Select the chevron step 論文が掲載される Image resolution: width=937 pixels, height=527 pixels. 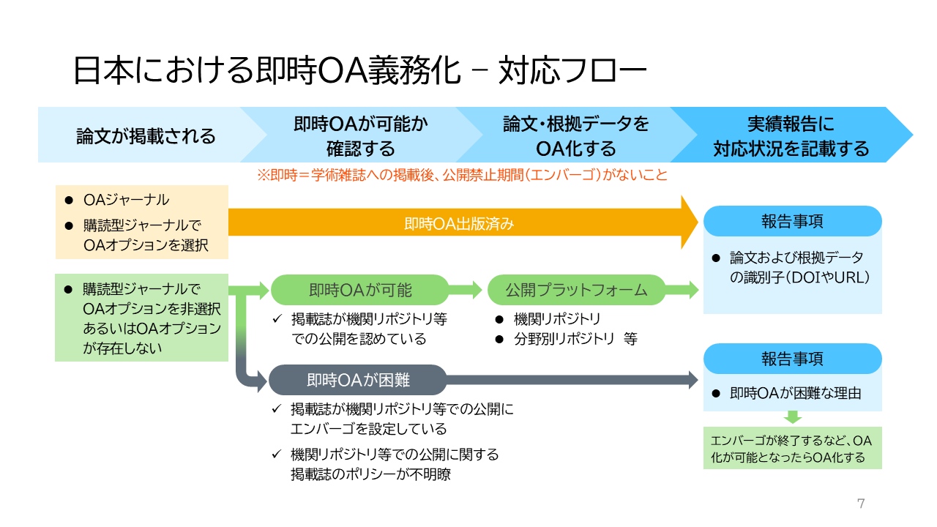click(x=146, y=136)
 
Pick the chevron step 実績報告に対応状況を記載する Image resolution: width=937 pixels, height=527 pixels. click(x=791, y=136)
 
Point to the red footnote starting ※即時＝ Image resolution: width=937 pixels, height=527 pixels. click(x=461, y=176)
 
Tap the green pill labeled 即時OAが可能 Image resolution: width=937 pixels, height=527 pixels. click(x=360, y=290)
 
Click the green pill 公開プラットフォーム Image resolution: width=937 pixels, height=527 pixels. click(x=576, y=290)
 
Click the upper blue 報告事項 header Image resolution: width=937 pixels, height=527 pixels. click(x=792, y=221)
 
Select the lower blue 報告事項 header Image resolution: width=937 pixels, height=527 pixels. click(x=792, y=359)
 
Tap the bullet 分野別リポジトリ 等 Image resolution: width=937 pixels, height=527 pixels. click(x=575, y=339)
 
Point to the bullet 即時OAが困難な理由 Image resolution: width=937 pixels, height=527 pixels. click(x=795, y=393)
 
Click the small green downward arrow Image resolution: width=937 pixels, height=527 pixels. click(x=793, y=417)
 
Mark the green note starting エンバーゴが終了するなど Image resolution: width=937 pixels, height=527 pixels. click(x=792, y=448)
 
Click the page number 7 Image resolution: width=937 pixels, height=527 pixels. click(x=861, y=503)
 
